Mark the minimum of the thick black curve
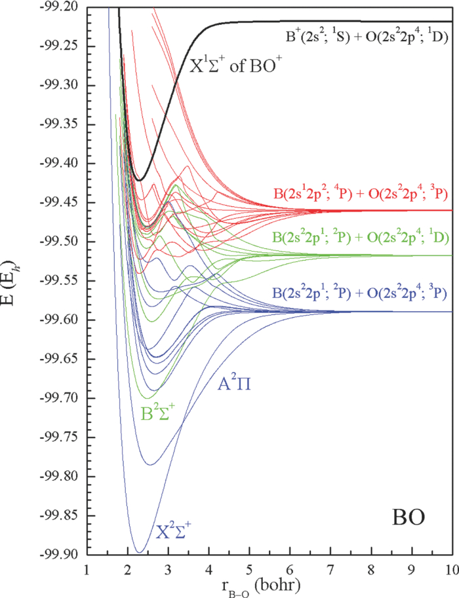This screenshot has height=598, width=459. click(x=140, y=179)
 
